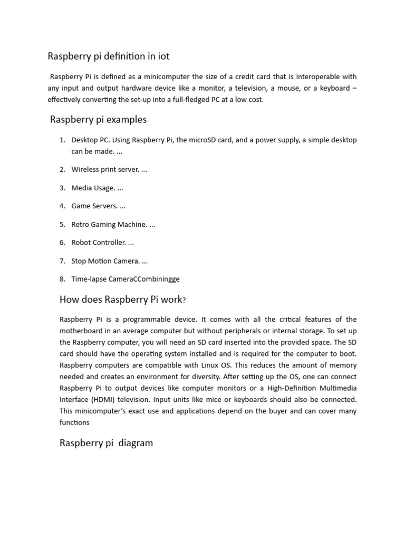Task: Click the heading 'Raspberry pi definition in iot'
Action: coord(109,56)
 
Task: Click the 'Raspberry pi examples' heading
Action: coord(98,120)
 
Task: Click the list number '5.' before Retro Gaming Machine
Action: coord(62,225)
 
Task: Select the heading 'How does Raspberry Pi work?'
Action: coord(123,300)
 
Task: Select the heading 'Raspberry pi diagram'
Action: coord(106,443)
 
